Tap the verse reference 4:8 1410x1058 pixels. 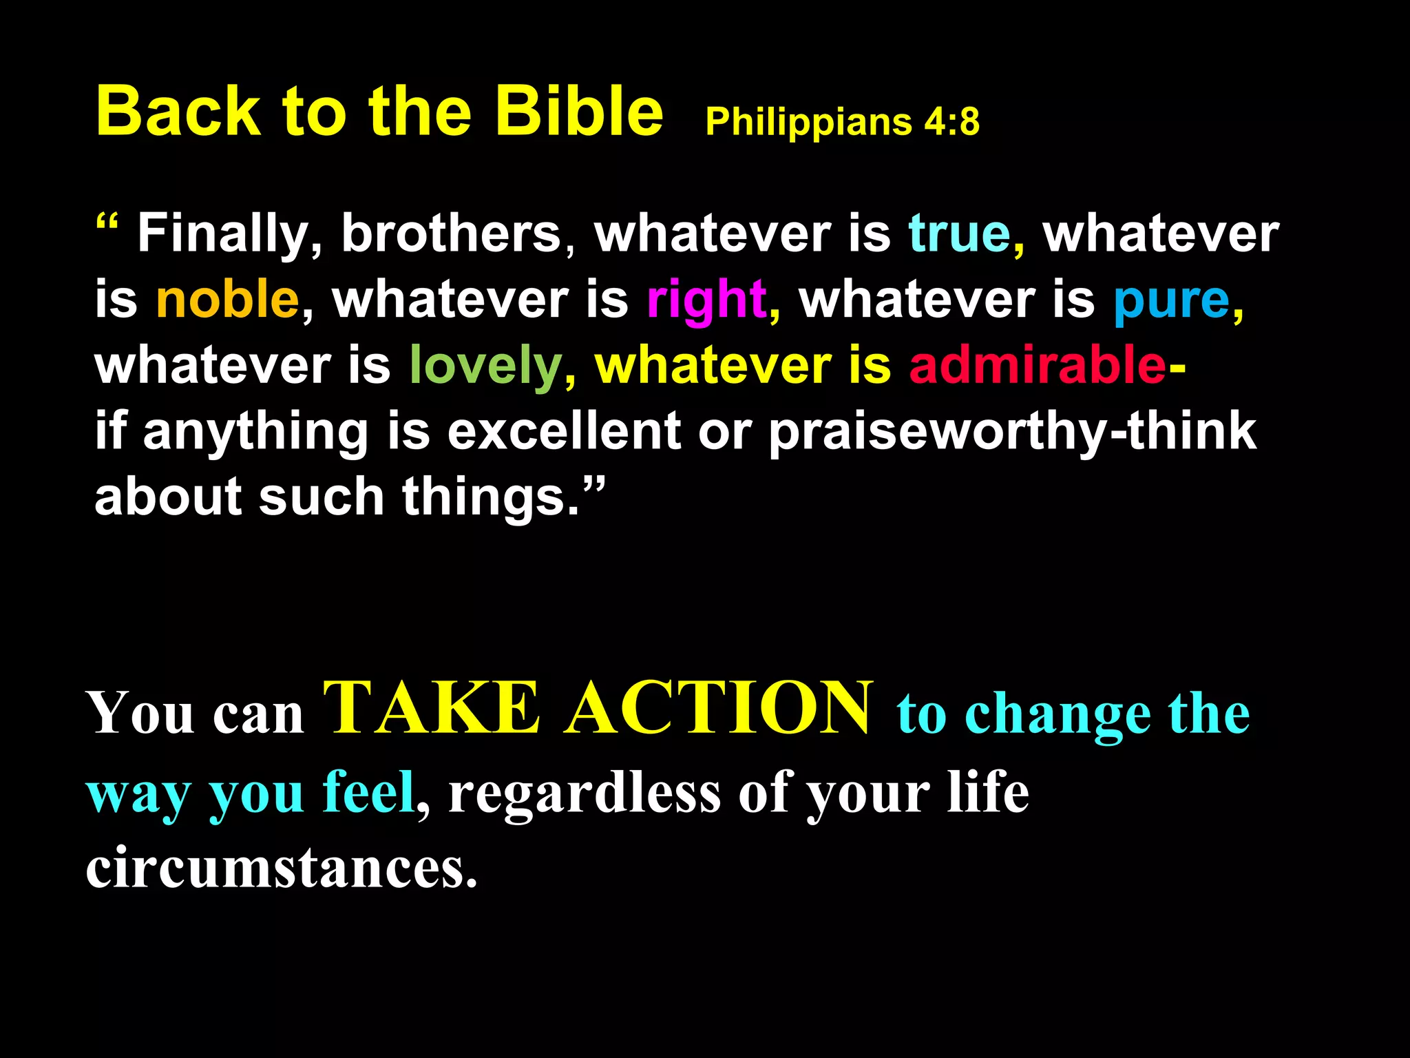(951, 122)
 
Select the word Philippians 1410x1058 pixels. (808, 123)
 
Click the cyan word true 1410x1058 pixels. (960, 234)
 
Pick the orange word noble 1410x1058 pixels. (227, 300)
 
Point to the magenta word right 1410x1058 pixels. (706, 300)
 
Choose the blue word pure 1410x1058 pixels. (1171, 300)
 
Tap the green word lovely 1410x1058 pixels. (486, 366)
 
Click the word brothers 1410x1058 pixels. (452, 234)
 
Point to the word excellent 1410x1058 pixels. (564, 431)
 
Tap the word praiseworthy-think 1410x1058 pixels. (1012, 433)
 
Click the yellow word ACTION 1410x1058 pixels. (719, 709)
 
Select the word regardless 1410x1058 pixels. (585, 793)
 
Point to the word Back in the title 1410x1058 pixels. (178, 112)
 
